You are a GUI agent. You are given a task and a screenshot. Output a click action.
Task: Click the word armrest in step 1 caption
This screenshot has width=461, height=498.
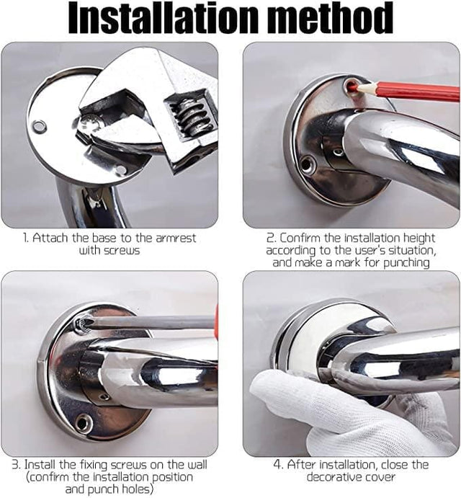pos(176,238)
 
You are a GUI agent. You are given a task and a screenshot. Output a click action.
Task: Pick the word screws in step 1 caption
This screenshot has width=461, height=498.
pos(122,251)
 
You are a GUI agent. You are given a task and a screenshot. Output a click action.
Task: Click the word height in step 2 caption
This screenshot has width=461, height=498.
pos(419,238)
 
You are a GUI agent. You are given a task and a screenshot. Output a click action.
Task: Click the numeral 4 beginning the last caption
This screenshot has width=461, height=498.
pos(277,465)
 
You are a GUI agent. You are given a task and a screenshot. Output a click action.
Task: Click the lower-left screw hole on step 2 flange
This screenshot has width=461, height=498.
pos(306,164)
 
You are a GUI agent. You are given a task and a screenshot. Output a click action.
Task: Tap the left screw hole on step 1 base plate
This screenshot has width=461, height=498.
pos(39,126)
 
